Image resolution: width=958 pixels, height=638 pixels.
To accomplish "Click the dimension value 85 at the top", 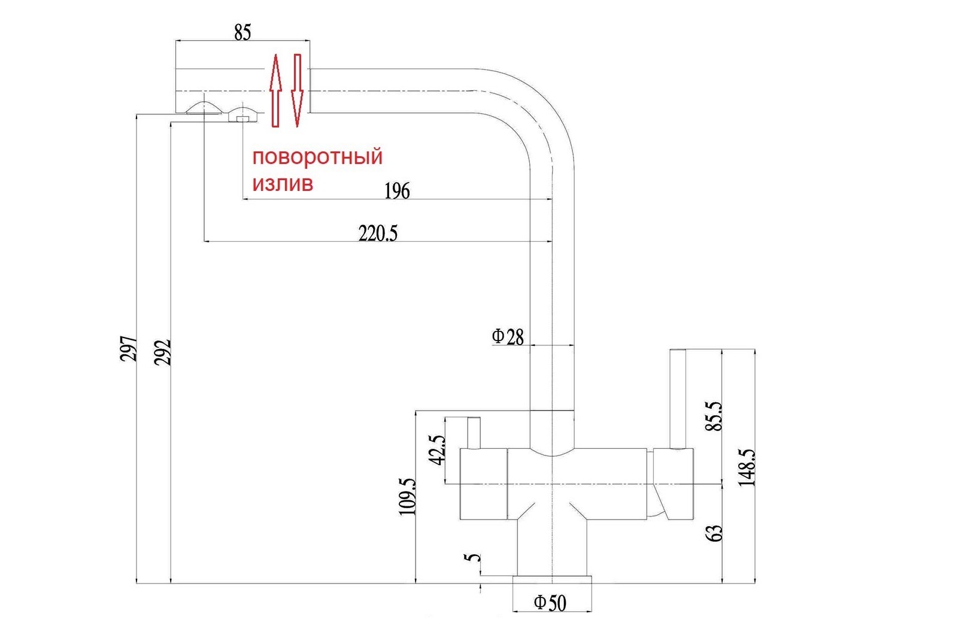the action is tap(242, 32).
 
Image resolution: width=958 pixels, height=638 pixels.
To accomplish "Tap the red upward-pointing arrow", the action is tap(276, 90).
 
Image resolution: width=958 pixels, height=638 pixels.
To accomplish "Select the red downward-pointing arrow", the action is tap(297, 90).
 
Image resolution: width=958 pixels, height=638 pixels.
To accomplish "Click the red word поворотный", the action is tap(317, 157).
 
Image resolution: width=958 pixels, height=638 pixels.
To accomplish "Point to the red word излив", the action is tap(283, 184).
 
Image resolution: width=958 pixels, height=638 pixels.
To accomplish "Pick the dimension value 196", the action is tap(397, 191).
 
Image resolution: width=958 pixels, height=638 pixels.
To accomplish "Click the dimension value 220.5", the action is tap(378, 233).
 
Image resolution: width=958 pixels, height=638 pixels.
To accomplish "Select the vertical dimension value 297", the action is tap(129, 348).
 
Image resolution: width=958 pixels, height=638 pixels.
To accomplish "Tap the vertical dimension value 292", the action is tap(162, 353).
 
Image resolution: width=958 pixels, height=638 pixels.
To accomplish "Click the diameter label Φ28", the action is tap(508, 337).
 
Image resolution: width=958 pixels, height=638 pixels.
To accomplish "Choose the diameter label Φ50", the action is tap(550, 603).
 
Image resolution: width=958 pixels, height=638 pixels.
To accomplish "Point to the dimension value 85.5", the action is tap(714, 415).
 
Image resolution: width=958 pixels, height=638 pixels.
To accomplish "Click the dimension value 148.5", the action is tap(747, 467).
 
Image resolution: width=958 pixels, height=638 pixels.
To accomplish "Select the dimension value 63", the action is tap(714, 533).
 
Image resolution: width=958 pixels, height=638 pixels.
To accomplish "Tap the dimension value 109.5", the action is tap(407, 497).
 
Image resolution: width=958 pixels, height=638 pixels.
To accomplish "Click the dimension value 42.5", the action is tap(437, 449).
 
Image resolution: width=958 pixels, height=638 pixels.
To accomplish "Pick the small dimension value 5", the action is tap(472, 558).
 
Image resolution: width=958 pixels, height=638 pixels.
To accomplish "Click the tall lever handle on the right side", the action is tap(678, 399).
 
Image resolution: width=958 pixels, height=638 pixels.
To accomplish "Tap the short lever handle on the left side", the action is tap(474, 433).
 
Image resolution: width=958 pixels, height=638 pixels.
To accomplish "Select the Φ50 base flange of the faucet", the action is tap(552, 579).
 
